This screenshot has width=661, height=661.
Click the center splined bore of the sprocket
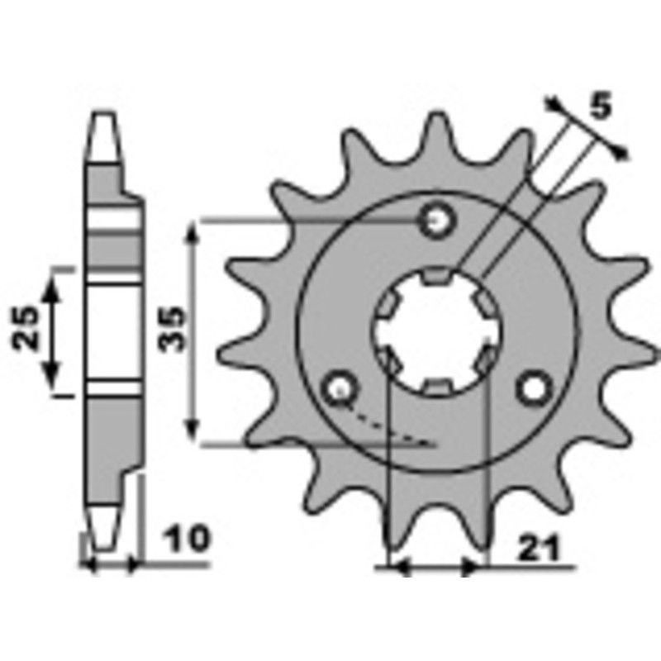tap(436, 330)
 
